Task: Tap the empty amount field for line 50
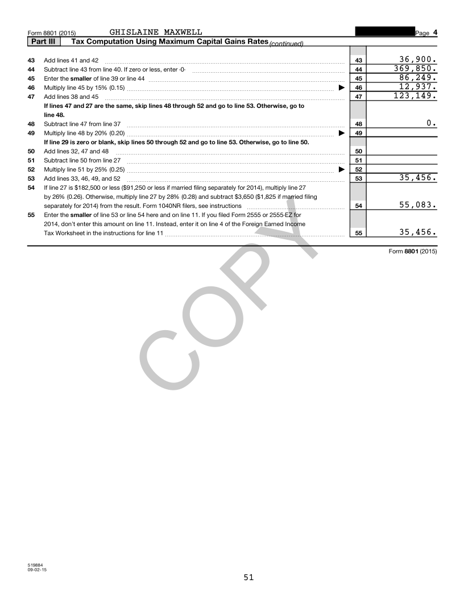402,151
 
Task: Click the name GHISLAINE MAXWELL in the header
155,32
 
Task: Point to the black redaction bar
384,32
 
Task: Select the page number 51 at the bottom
248,577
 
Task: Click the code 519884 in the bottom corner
35,565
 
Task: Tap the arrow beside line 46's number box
342,88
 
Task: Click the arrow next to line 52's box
342,169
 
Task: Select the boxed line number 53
358,178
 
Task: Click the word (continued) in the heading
286,44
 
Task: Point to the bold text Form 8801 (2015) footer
413,251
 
